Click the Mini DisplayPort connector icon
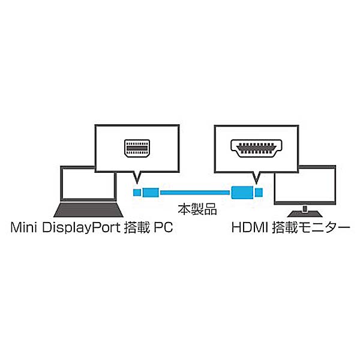(x=137, y=148)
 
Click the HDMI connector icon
(x=256, y=148)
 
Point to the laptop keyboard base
(x=88, y=209)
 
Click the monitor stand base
(x=305, y=214)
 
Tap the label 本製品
(x=197, y=209)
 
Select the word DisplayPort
(x=81, y=228)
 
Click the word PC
(x=163, y=227)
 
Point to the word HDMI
(x=250, y=227)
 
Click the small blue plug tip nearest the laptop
(x=137, y=193)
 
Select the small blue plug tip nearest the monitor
(x=259, y=193)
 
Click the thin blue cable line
(x=195, y=193)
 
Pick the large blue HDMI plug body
(x=242, y=193)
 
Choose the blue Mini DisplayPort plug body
(x=151, y=193)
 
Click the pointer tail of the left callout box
(x=137, y=177)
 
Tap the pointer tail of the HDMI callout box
(x=256, y=178)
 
